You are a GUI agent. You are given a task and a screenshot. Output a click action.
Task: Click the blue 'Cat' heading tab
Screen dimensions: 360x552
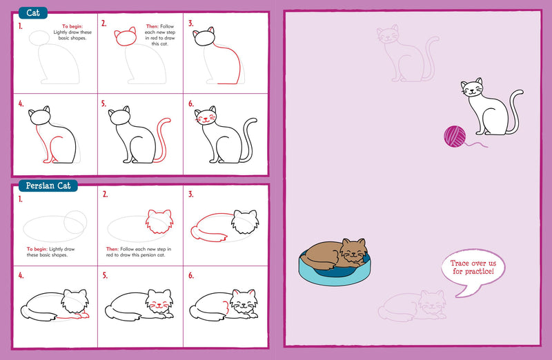click(x=32, y=12)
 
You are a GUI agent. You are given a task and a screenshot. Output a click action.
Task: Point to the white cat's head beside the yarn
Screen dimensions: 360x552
click(x=472, y=90)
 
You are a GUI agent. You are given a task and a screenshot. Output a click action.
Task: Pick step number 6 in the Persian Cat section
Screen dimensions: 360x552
click(x=191, y=276)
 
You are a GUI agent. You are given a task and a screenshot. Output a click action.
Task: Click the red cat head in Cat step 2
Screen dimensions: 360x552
click(x=126, y=37)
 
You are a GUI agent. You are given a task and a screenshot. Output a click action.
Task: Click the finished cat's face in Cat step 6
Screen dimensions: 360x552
click(x=205, y=118)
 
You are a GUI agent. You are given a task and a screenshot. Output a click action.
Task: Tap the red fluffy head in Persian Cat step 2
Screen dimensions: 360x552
click(x=159, y=222)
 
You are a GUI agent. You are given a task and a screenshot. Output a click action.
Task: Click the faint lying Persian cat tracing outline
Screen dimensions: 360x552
click(x=414, y=306)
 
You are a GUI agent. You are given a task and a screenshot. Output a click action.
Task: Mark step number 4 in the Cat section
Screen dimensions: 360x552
click(x=21, y=104)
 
